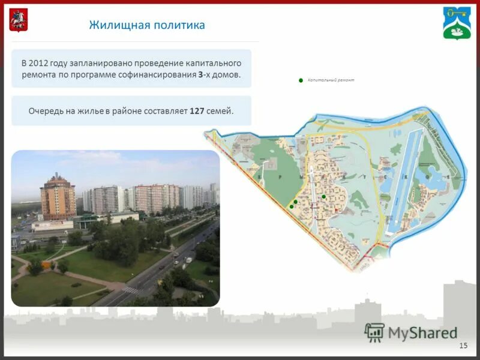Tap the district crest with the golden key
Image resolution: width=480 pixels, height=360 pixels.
click(x=457, y=22)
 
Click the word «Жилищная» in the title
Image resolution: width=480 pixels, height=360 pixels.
click(x=118, y=25)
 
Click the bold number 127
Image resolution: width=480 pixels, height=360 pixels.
click(x=197, y=111)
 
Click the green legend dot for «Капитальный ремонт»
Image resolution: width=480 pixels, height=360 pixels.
click(x=301, y=80)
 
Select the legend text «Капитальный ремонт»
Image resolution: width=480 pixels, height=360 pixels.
click(x=331, y=80)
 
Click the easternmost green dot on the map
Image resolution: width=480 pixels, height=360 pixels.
click(x=323, y=196)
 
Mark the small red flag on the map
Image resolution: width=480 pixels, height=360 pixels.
click(x=337, y=209)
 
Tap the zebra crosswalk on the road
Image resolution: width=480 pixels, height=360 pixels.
click(x=130, y=290)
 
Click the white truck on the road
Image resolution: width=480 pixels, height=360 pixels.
click(x=188, y=260)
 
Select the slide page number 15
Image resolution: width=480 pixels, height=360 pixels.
click(x=463, y=345)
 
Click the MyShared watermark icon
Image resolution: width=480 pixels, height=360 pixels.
click(x=374, y=332)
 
